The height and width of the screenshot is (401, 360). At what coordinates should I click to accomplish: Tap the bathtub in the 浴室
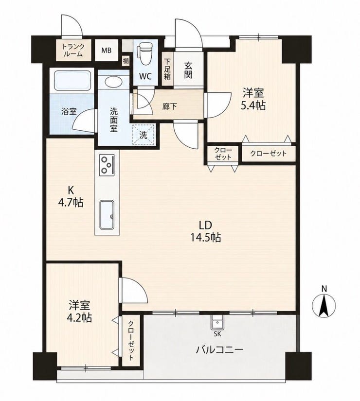click(72, 80)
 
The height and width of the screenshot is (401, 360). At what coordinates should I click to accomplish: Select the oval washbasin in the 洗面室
click(113, 83)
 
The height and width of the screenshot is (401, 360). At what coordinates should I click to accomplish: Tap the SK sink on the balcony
click(217, 322)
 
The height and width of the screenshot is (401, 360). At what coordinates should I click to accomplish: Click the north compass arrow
click(324, 306)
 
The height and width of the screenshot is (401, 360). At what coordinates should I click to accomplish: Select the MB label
click(106, 51)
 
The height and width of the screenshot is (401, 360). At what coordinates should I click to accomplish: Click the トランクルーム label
click(73, 50)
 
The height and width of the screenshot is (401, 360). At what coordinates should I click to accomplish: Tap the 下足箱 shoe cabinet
click(167, 69)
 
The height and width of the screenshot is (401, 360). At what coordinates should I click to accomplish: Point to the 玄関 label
click(188, 70)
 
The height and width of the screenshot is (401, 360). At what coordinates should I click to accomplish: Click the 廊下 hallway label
click(169, 106)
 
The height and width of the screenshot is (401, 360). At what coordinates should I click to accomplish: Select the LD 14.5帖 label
click(205, 231)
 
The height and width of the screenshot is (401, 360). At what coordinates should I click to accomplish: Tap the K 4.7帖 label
click(71, 196)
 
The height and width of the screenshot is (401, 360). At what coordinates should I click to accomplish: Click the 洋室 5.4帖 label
click(253, 99)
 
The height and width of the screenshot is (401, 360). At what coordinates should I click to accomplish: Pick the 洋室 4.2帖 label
click(79, 311)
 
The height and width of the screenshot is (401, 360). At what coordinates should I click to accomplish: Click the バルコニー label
click(219, 349)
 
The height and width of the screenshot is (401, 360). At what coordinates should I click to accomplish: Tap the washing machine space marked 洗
click(144, 135)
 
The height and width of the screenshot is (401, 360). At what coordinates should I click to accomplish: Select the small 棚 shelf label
click(126, 61)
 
